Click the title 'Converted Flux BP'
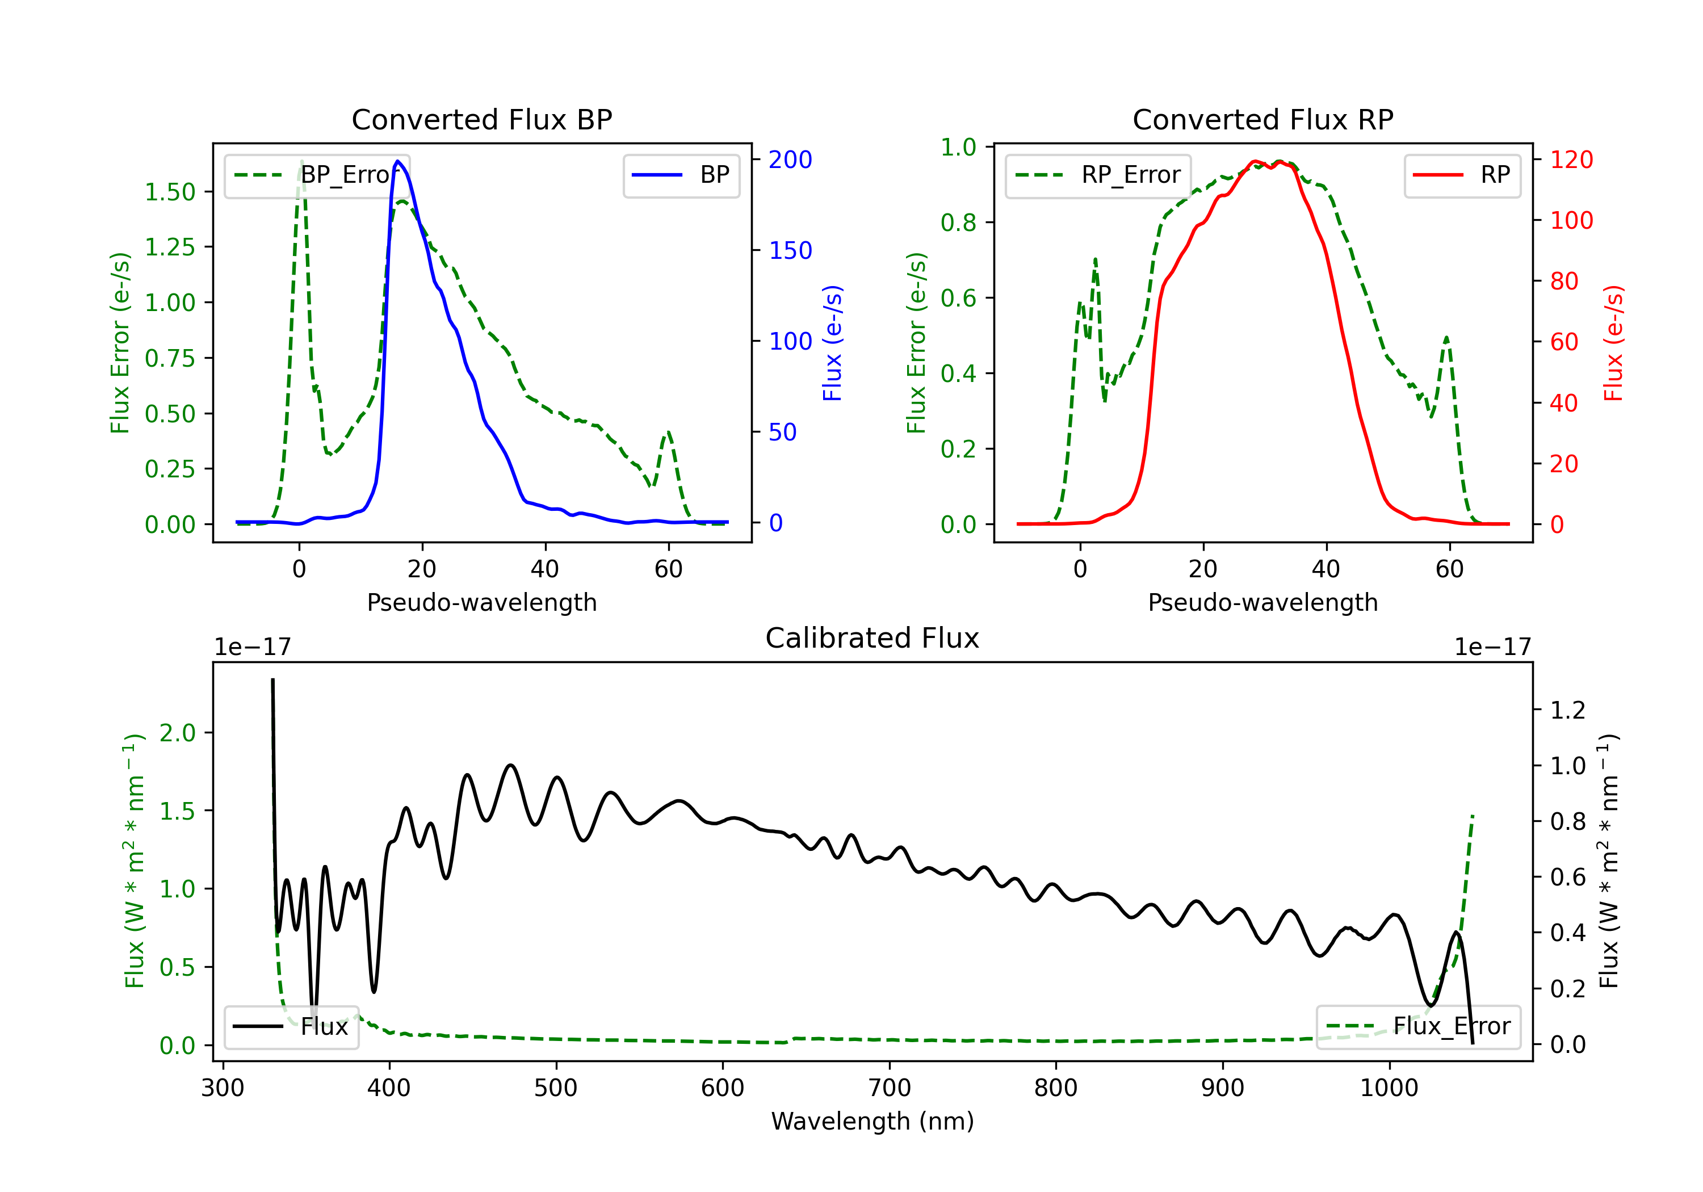pos(481,119)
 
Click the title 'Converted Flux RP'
pos(1262,119)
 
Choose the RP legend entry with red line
pos(1462,175)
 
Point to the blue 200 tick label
pos(790,160)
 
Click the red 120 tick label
pos(1571,160)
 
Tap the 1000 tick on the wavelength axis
pos(1389,1088)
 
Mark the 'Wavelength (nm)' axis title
pos(873,1121)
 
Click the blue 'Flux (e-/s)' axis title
pos(832,343)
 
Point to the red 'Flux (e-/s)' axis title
pos(1613,343)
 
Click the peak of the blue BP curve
pos(399,161)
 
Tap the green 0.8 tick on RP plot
pos(958,223)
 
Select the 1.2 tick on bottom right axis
pos(1568,711)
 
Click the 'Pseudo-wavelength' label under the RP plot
pos(1262,602)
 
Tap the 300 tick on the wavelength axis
pos(223,1088)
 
